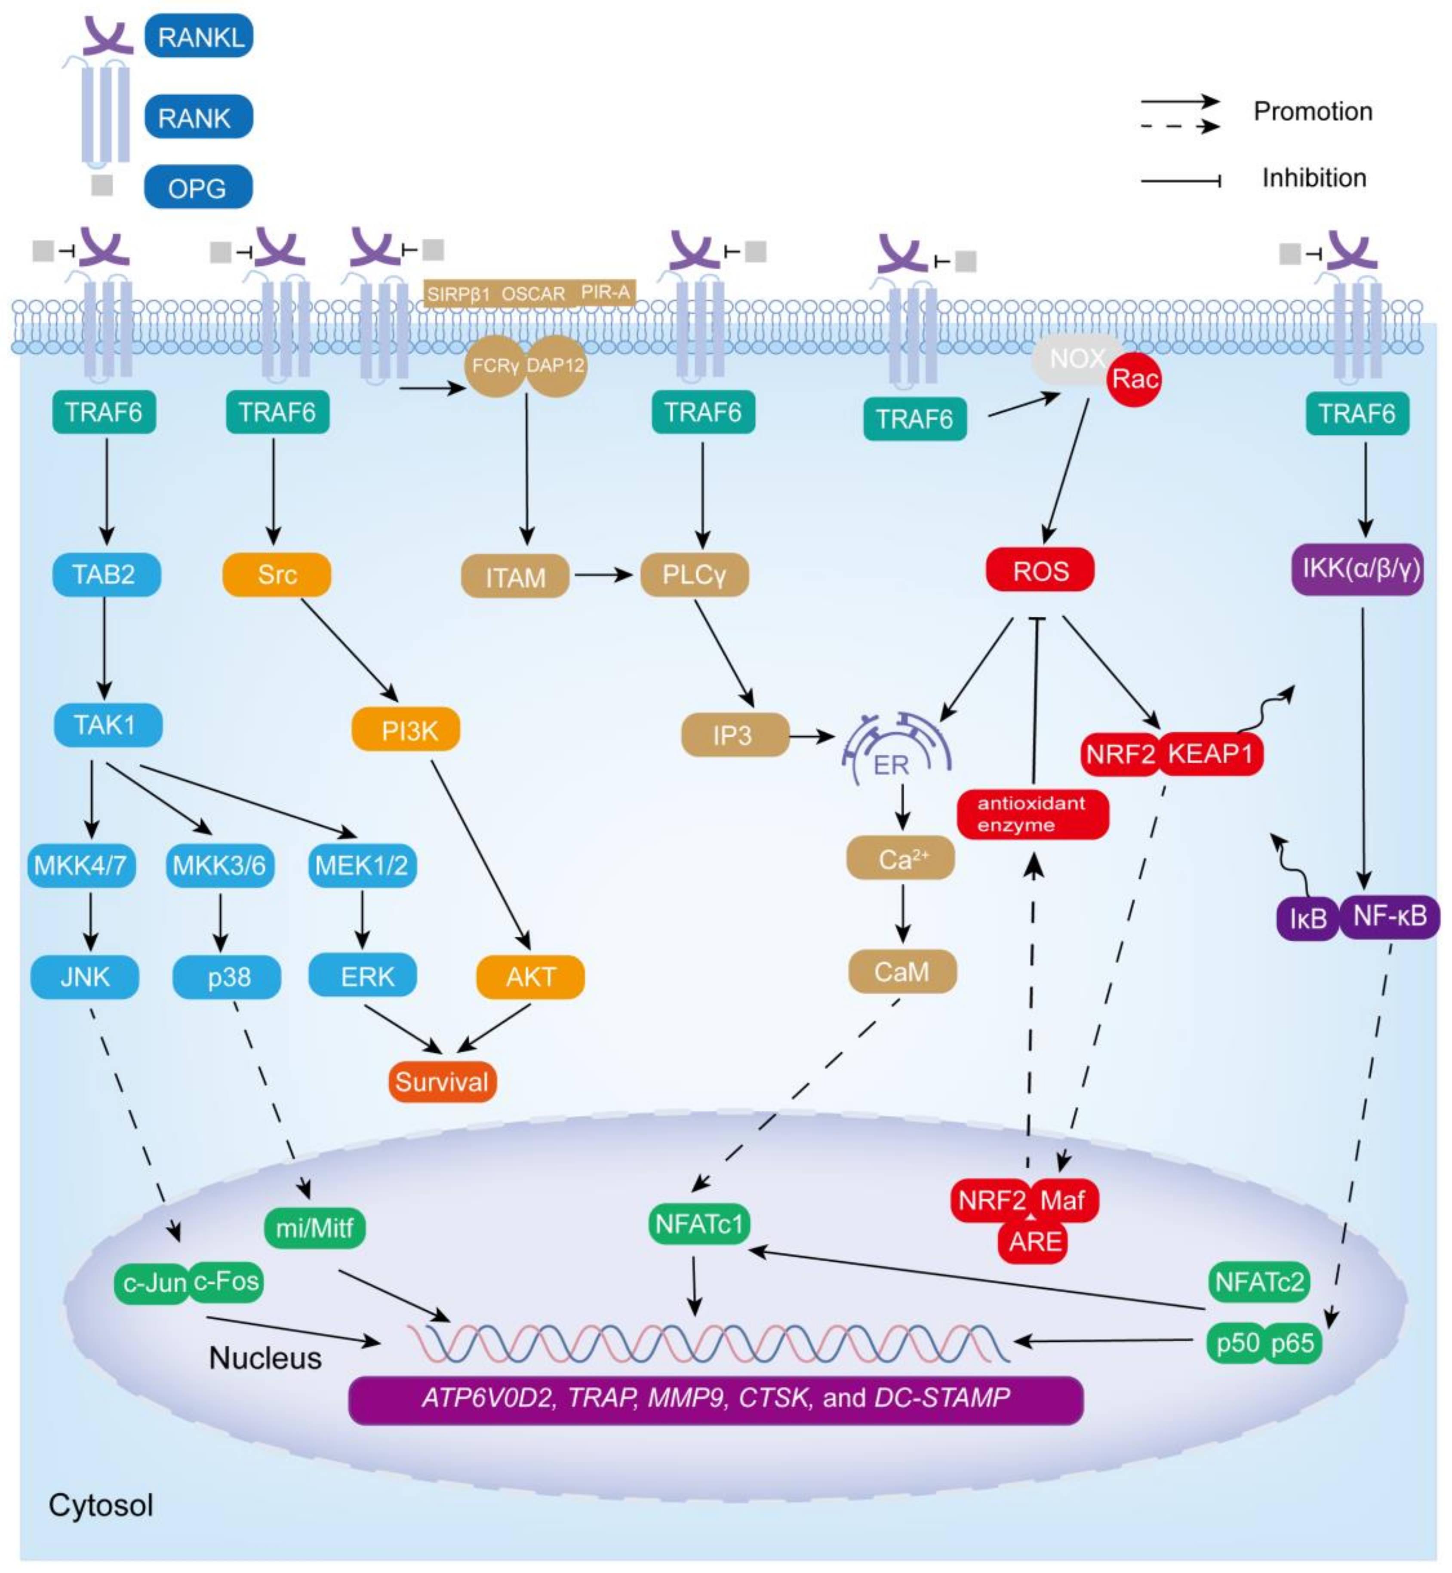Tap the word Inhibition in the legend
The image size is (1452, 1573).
pos(1314,178)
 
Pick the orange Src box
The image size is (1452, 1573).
pos(277,575)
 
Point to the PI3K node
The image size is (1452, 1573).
pos(406,730)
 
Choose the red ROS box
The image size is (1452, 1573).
pos(1040,571)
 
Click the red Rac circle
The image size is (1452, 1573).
pos(1134,380)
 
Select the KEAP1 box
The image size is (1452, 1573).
pos(1210,753)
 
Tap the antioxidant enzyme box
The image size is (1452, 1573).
pos(1032,814)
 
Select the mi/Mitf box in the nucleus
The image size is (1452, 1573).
pos(314,1226)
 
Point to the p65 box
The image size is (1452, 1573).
pos(1292,1343)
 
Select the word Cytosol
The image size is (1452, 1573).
pos(101,1505)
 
